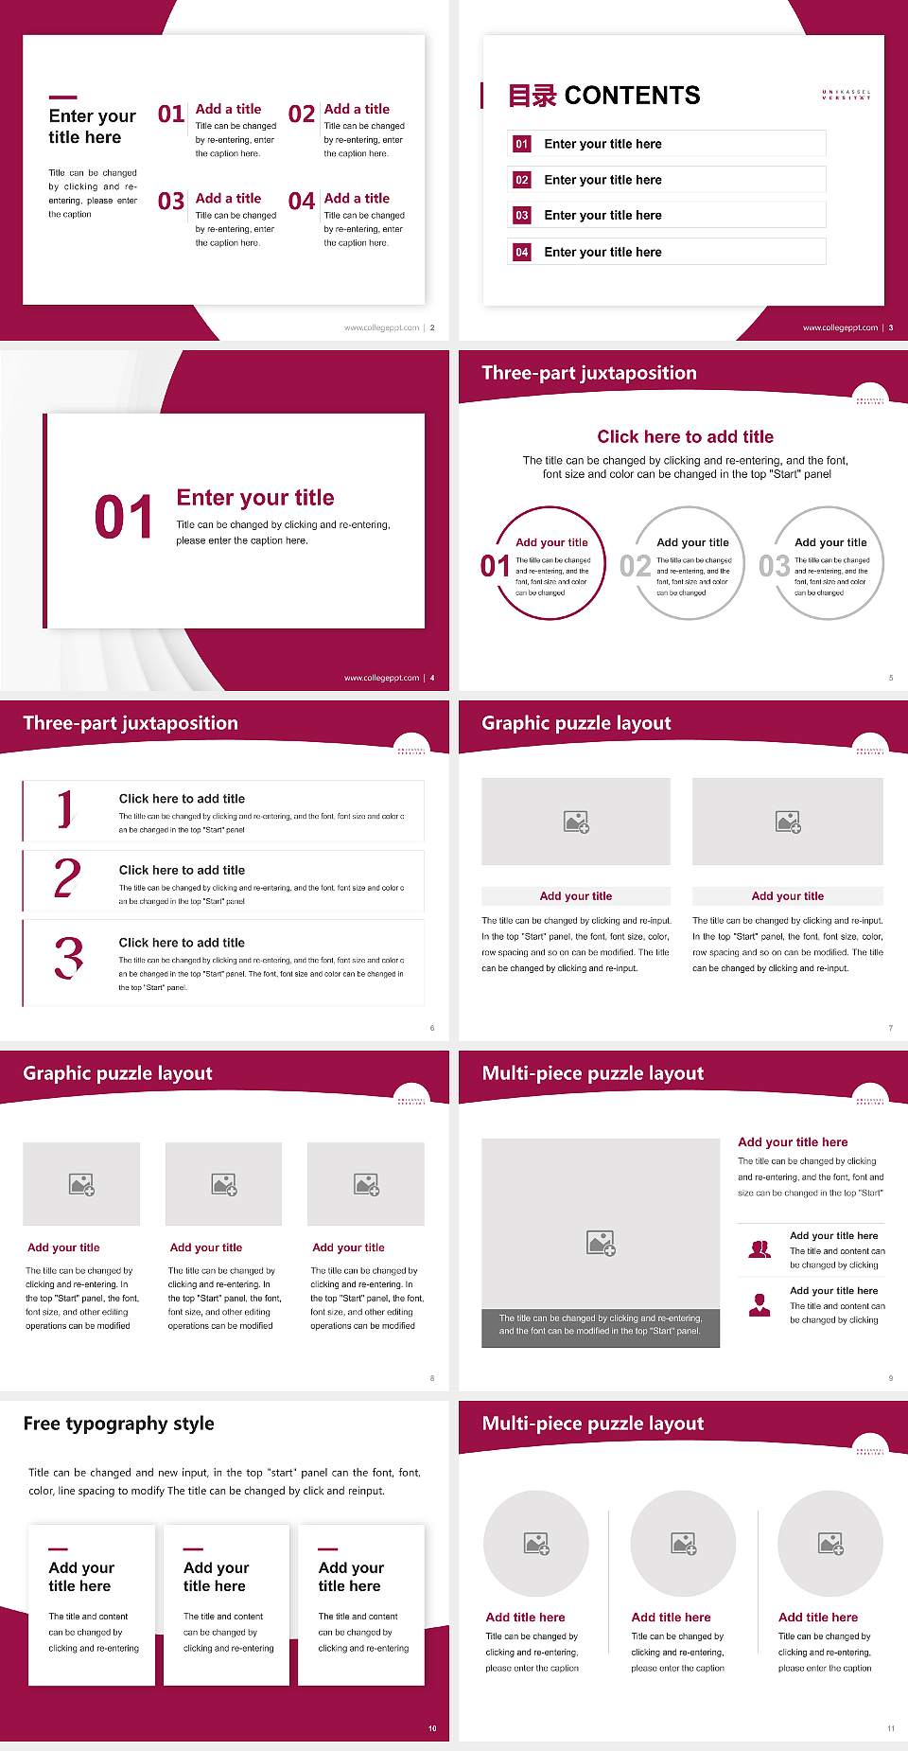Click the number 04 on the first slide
coord(302,202)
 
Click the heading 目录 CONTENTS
coord(604,96)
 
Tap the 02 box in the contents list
coord(522,180)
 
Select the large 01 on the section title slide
coord(124,518)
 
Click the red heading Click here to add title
coord(685,436)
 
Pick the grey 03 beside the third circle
coord(774,566)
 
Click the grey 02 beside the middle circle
coord(635,566)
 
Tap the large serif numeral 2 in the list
coord(67,878)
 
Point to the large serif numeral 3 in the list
coord(68,957)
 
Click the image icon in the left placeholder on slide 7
coord(576,822)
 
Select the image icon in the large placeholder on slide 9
coord(601,1243)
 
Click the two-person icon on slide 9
coord(760,1249)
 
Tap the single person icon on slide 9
coord(760,1305)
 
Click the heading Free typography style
coord(118,1424)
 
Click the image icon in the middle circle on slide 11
coord(684,1544)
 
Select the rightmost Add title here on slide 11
coord(818,1618)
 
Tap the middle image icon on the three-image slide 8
coord(224,1184)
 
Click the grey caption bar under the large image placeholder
coord(601,1324)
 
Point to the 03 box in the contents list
coord(522,216)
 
